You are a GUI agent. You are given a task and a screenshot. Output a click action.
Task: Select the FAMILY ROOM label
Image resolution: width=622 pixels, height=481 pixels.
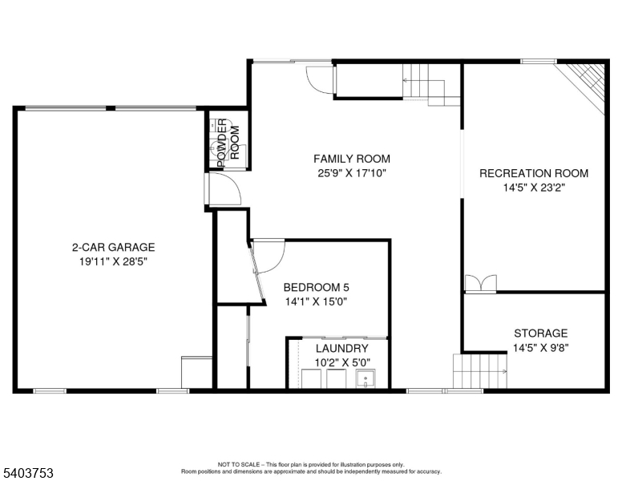pyautogui.click(x=352, y=159)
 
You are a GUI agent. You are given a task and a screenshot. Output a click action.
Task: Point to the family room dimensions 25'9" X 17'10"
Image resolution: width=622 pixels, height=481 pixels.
pyautogui.click(x=352, y=172)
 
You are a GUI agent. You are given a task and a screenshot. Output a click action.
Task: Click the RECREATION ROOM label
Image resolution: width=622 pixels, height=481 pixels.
pyautogui.click(x=533, y=173)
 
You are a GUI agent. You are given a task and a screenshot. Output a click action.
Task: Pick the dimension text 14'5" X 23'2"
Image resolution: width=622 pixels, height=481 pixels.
pyautogui.click(x=533, y=188)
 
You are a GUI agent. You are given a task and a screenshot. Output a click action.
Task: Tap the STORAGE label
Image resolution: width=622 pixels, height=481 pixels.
pyautogui.click(x=540, y=333)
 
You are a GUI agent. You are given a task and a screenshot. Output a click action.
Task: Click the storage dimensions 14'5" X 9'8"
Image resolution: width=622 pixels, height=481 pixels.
pyautogui.click(x=540, y=348)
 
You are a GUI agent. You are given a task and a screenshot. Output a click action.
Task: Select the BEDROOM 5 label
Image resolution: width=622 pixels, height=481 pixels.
pyautogui.click(x=316, y=288)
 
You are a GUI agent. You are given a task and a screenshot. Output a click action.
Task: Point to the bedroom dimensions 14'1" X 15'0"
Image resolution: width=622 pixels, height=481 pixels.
pyautogui.click(x=316, y=302)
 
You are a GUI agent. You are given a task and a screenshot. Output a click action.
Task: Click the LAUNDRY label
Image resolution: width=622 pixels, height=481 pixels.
pyautogui.click(x=341, y=349)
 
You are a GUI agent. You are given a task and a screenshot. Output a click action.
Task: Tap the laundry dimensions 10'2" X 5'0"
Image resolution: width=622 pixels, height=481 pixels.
pyautogui.click(x=341, y=362)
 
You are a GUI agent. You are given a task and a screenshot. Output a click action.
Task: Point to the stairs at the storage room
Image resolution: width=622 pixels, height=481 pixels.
pyautogui.click(x=480, y=370)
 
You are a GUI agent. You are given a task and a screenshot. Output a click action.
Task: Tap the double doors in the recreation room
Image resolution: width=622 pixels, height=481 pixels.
pyautogui.click(x=481, y=283)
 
